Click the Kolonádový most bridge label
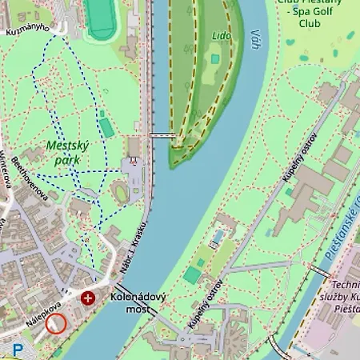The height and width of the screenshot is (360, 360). (138, 303)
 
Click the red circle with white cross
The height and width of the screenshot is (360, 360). (87, 298)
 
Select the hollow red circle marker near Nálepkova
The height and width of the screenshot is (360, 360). (56, 324)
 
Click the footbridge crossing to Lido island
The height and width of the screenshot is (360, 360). (162, 136)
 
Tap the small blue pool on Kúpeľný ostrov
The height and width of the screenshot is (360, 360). (218, 238)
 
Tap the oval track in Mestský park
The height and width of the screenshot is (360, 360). (122, 193)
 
